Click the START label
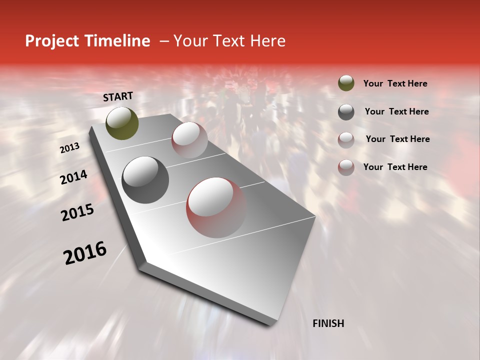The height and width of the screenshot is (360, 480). point(118,96)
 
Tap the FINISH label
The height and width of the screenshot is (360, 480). point(328,323)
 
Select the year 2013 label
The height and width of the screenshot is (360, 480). point(69,148)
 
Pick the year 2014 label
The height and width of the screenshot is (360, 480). point(73,177)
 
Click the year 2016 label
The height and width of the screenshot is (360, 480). point(85,253)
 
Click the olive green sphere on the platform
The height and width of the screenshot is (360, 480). point(122,123)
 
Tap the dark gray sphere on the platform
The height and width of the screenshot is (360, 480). point(145,179)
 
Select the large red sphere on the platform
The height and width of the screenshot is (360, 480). point(216,207)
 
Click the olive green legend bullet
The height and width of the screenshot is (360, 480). point(346,83)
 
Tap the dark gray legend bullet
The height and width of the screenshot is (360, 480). point(346,111)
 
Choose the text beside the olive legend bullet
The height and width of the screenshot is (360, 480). point(395,83)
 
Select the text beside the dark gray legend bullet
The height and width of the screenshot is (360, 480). point(396,111)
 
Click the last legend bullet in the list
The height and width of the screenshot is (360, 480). point(346,167)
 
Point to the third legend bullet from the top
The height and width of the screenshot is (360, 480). point(346,139)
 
